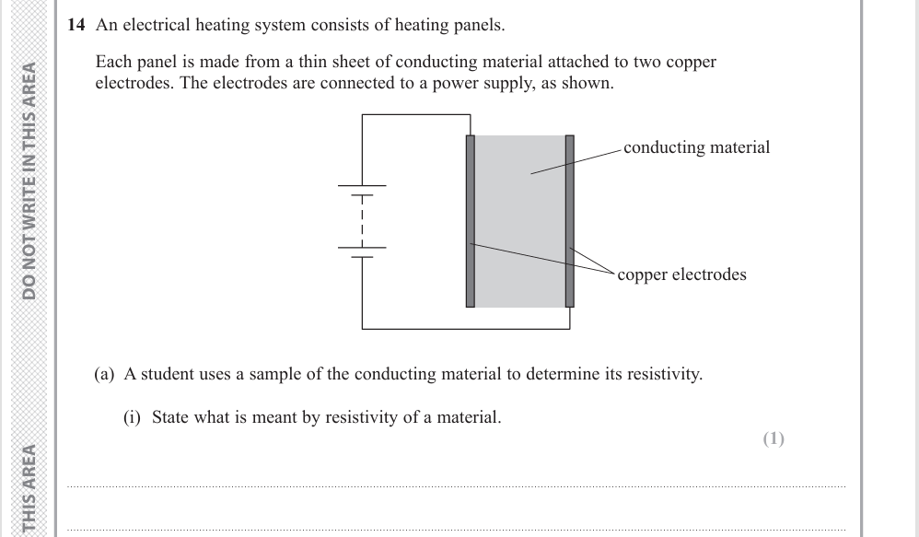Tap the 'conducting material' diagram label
click(696, 147)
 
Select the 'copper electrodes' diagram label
click(681, 274)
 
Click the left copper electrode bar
click(471, 221)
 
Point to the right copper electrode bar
click(569, 221)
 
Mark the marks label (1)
click(774, 438)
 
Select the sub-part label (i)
click(134, 417)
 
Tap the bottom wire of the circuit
click(465, 328)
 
